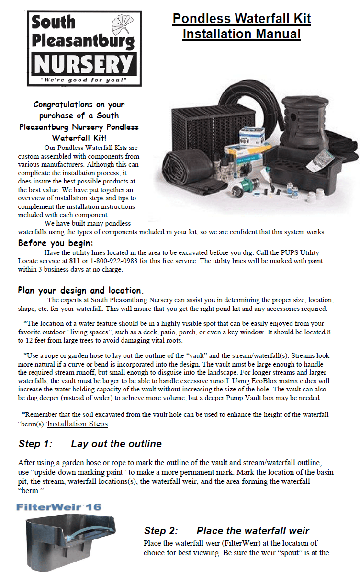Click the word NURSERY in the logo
[x=84, y=63]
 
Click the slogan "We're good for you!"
[x=84, y=80]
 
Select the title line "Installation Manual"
[x=242, y=34]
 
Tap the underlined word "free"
[x=168, y=261]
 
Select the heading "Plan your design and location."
[x=81, y=290]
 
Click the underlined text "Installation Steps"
[x=77, y=424]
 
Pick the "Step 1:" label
[x=35, y=444]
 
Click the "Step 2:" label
[x=161, y=531]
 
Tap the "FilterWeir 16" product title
[x=58, y=507]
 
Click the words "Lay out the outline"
[x=116, y=444]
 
